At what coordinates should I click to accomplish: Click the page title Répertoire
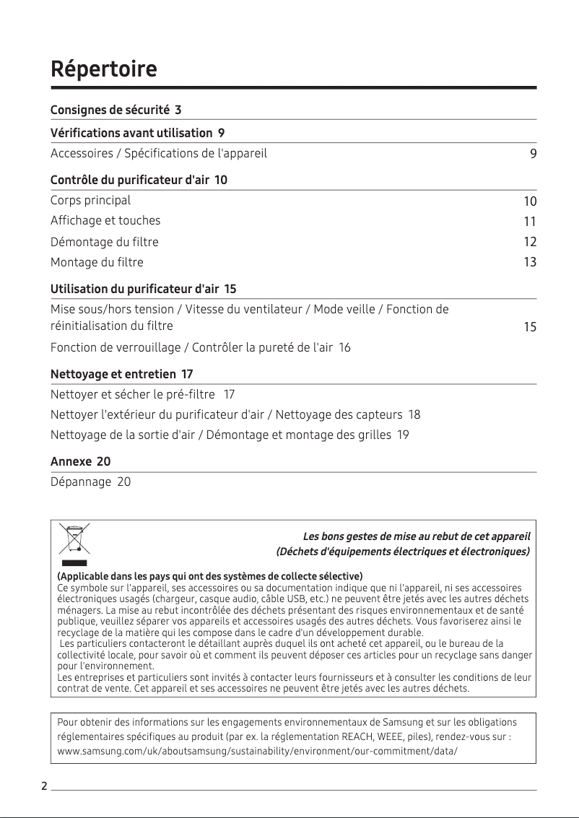click(x=103, y=70)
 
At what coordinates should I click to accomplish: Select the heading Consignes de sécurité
click(x=110, y=110)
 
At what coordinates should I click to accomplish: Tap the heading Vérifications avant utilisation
click(x=131, y=133)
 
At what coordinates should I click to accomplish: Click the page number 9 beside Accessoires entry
click(x=533, y=154)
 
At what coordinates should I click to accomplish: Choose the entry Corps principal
click(x=90, y=200)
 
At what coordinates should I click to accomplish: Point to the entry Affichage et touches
click(x=105, y=220)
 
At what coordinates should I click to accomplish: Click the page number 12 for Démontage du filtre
click(x=530, y=242)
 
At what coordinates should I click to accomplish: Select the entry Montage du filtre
click(x=97, y=262)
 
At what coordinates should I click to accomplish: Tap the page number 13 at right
click(x=530, y=262)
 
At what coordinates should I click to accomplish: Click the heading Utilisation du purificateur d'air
click(x=134, y=290)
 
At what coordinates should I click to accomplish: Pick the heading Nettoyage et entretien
click(x=113, y=374)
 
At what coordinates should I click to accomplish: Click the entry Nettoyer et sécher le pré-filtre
click(x=133, y=394)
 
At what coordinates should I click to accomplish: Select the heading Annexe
click(x=71, y=461)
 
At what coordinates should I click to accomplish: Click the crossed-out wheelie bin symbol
click(x=74, y=539)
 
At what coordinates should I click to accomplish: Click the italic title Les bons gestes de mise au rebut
click(x=417, y=536)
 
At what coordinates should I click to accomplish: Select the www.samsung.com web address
click(x=257, y=752)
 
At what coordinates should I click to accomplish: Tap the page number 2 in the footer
click(x=44, y=786)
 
